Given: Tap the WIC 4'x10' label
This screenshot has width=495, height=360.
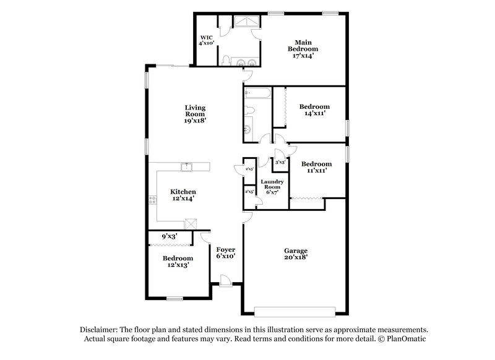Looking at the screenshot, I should tap(206, 40).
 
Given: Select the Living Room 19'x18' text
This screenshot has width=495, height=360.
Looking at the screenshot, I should tap(194, 114).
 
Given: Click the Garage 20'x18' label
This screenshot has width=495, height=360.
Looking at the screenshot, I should tap(296, 254).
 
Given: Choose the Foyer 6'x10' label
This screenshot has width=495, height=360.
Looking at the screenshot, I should tap(225, 252).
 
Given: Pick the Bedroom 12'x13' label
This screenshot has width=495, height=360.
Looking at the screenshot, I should tap(178, 261).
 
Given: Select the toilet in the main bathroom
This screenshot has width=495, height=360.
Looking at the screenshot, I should tap(227, 60).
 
